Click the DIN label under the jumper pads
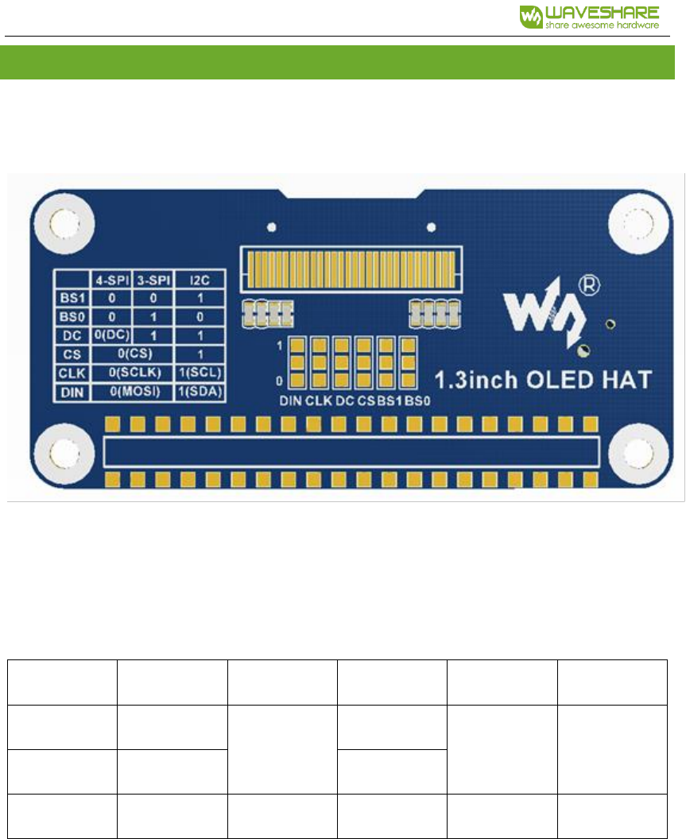point(290,401)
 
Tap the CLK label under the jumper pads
point(319,401)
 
